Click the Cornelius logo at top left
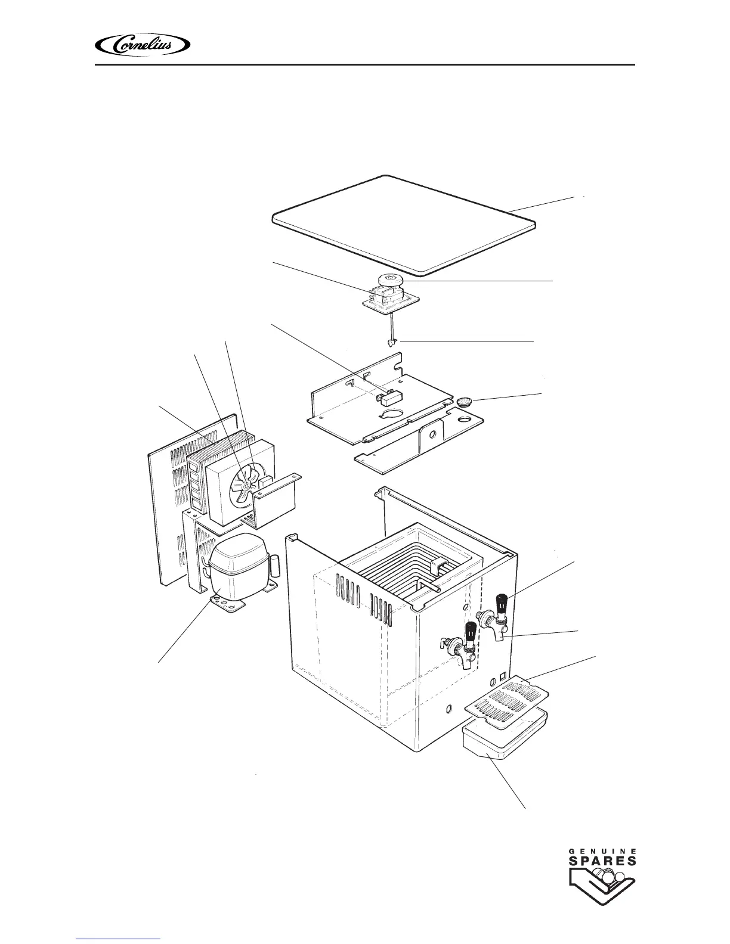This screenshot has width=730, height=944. coord(143,45)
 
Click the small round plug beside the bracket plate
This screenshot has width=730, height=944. coord(464,402)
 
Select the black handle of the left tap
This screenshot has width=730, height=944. coord(471,630)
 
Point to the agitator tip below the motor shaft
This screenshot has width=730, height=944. coord(391,343)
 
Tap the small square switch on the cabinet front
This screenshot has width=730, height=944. coord(503,676)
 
